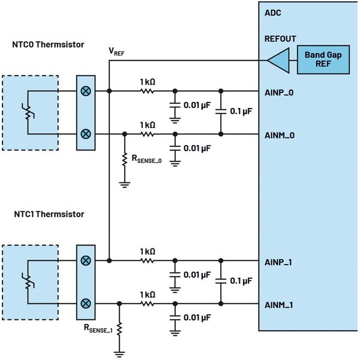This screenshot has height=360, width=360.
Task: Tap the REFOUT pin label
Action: (x=280, y=39)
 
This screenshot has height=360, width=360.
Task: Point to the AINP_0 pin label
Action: (x=279, y=94)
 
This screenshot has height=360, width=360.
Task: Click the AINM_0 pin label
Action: (x=280, y=135)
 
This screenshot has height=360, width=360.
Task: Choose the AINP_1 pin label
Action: (x=279, y=262)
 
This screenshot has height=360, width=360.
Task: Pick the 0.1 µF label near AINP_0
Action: (x=240, y=112)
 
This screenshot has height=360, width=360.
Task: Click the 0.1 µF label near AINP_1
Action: (x=240, y=280)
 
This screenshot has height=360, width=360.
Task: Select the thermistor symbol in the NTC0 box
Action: (x=26, y=113)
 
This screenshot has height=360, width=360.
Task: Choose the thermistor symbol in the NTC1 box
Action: (x=26, y=281)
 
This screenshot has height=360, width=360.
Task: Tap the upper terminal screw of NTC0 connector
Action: (x=86, y=92)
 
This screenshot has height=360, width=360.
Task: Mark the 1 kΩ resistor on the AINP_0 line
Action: (x=147, y=92)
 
